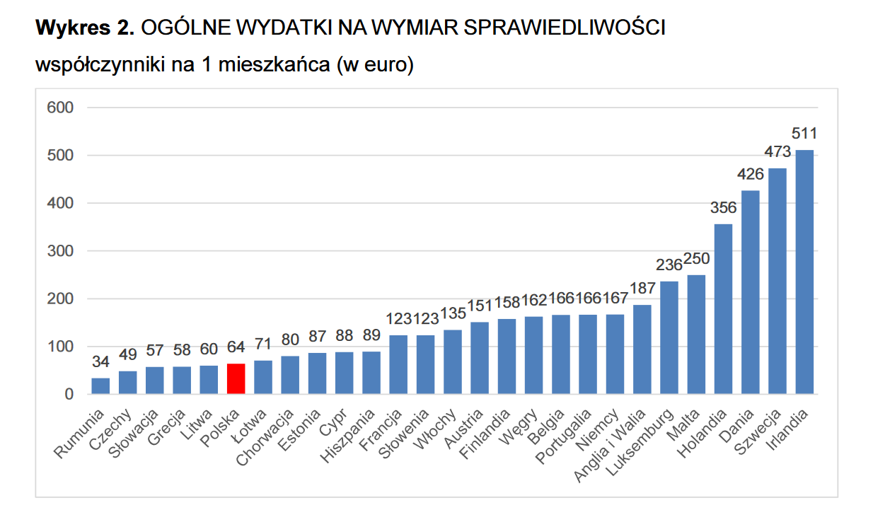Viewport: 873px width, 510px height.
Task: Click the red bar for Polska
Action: tap(236, 378)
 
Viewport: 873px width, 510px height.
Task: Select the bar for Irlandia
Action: tap(804, 272)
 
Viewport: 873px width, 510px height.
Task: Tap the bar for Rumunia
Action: tap(100, 386)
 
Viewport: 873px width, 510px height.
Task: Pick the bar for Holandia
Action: tap(723, 309)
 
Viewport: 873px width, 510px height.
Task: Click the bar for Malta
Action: tap(696, 334)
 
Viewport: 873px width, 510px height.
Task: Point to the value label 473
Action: tap(777, 152)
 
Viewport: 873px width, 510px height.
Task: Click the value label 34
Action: tap(100, 362)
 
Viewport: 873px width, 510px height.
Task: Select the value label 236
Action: tap(669, 265)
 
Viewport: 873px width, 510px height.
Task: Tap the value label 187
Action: tap(642, 289)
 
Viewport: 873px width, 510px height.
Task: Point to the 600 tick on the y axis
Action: tap(59, 108)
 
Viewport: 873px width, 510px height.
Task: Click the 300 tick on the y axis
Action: tap(59, 251)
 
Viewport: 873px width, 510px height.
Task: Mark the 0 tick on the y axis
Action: tap(69, 394)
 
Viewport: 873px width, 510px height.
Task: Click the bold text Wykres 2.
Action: tap(85, 28)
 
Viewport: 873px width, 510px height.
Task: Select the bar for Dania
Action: tap(750, 292)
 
